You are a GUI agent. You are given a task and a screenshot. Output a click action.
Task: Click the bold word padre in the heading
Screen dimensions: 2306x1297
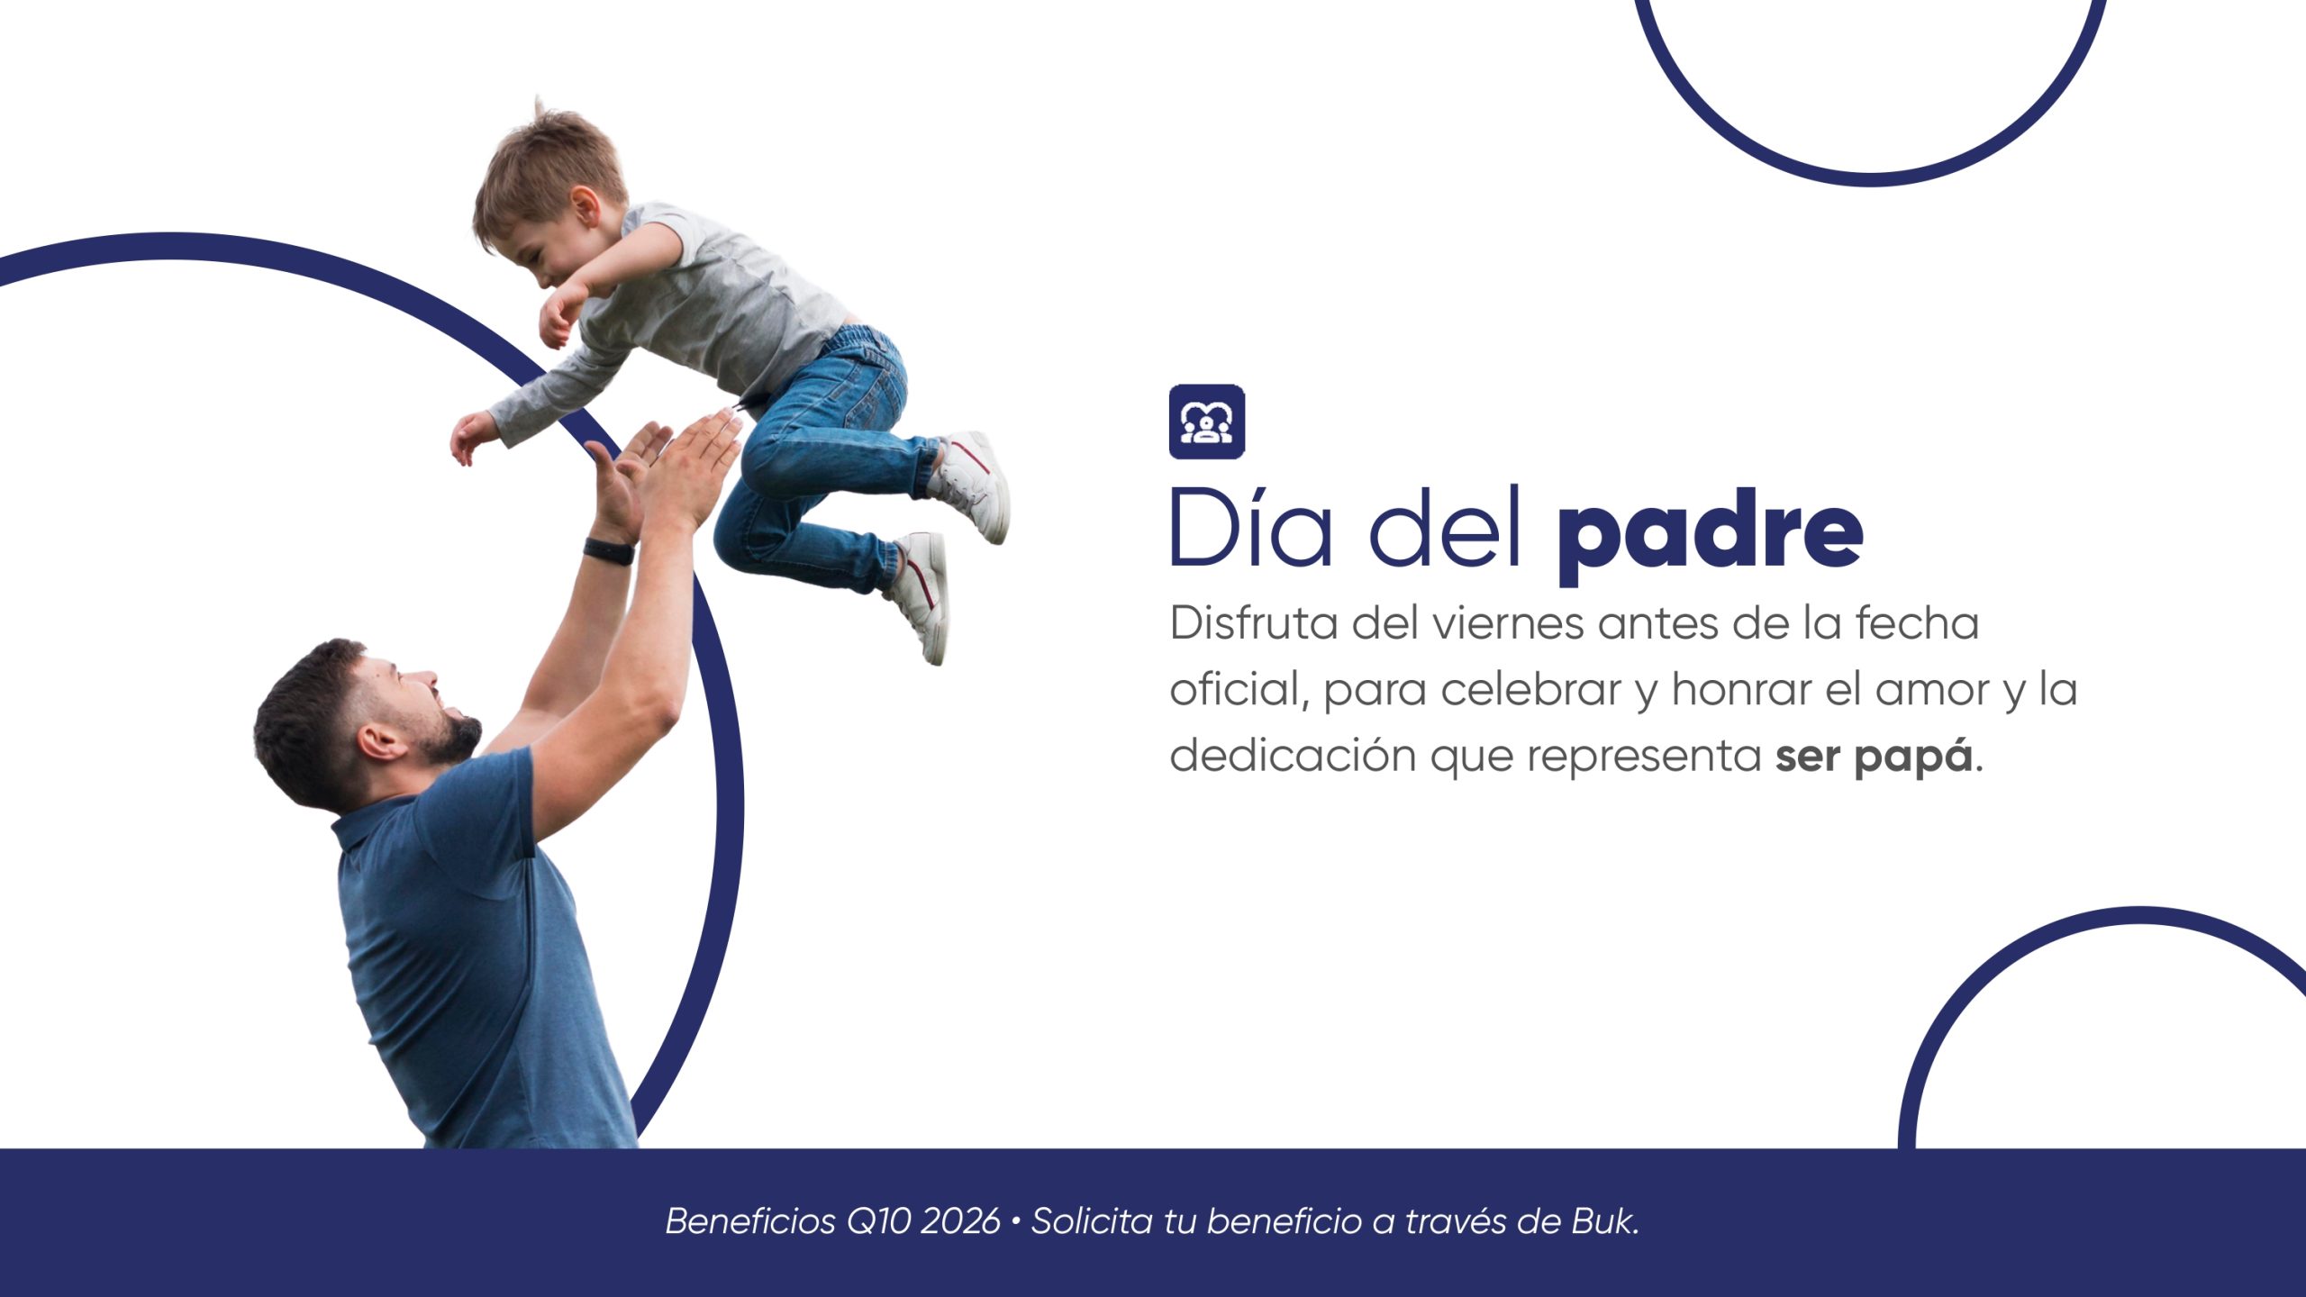(1710, 537)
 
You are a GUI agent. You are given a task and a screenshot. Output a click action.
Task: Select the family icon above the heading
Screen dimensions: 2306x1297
(1207, 422)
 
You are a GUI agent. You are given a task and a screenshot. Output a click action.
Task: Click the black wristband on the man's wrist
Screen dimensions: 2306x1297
(609, 550)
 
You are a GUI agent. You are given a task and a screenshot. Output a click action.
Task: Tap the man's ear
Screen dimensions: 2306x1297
(379, 742)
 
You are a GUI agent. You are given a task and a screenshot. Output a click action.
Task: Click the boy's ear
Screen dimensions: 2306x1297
(586, 208)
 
